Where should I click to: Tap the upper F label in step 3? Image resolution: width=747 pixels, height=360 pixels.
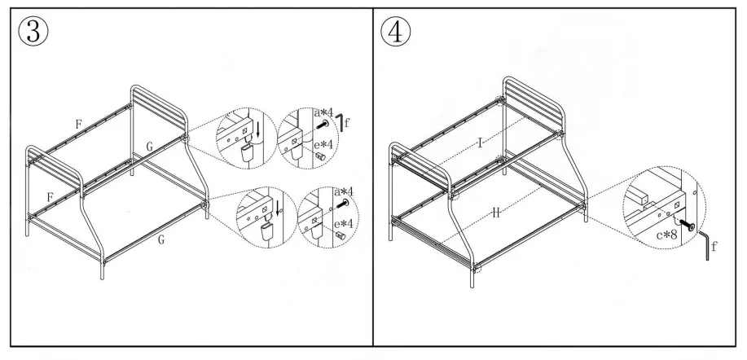[x=78, y=125]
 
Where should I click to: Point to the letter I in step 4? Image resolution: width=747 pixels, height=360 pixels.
[x=481, y=143]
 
